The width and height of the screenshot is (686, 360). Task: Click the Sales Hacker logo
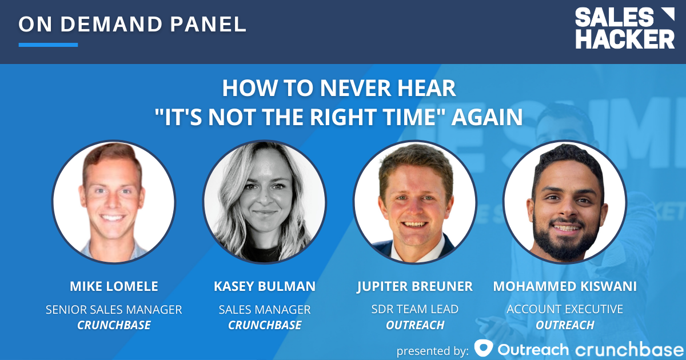[x=624, y=29]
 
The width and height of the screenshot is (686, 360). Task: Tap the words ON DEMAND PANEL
[x=133, y=24]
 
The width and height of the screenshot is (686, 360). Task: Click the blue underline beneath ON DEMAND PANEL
[x=48, y=45]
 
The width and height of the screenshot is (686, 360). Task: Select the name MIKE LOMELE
[x=114, y=286]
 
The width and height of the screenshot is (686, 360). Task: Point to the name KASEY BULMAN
[x=265, y=286]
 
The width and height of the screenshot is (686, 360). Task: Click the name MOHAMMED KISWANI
[x=565, y=286]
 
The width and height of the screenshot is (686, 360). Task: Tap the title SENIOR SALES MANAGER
[x=114, y=310]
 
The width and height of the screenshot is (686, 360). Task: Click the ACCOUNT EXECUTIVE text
[x=565, y=310]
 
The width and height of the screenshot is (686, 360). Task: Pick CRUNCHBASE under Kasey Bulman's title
[x=265, y=325]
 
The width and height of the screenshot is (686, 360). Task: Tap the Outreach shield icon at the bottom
[x=484, y=348]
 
